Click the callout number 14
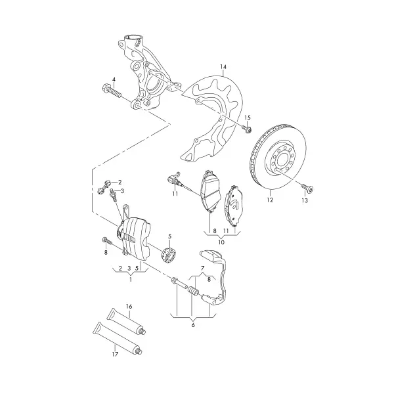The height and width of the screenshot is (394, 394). click(223, 67)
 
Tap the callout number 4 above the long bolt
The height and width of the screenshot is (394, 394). click(114, 79)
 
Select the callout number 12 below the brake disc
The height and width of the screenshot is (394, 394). click(270, 200)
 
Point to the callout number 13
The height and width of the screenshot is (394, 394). click(305, 200)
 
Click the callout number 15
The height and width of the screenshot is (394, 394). click(248, 118)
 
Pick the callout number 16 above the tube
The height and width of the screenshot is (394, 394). click(129, 307)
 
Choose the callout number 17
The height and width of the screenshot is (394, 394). click(115, 355)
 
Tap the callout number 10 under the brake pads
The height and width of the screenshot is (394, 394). click(221, 242)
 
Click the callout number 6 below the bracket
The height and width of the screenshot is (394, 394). click(193, 325)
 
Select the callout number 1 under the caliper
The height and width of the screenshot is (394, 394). click(131, 279)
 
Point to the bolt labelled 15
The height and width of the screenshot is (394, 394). click(248, 129)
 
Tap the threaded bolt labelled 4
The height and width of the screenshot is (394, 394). click(112, 92)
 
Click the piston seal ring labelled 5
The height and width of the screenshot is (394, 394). click(169, 255)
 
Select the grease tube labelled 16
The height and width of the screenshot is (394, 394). click(126, 322)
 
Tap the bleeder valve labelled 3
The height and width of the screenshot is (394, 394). click(113, 194)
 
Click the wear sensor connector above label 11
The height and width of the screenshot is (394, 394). click(173, 179)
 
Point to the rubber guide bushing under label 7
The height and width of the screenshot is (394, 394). click(194, 291)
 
